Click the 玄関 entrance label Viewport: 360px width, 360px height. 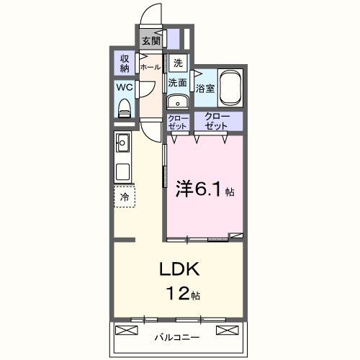[x=150, y=40]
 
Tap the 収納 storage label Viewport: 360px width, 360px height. [x=125, y=63]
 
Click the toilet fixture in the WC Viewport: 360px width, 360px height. [x=125, y=108]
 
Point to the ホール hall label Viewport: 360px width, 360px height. [x=150, y=67]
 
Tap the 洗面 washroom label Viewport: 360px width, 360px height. [x=178, y=83]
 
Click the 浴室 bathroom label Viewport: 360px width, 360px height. [x=205, y=89]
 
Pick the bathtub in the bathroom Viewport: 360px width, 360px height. [x=230, y=86]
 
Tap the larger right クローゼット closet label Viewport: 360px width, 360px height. [x=216, y=121]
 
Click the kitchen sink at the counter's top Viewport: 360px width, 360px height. [x=122, y=143]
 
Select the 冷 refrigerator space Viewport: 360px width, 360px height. [x=125, y=196]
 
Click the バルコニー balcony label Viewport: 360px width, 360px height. [x=177, y=336]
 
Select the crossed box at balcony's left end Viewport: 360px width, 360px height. [x=125, y=330]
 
